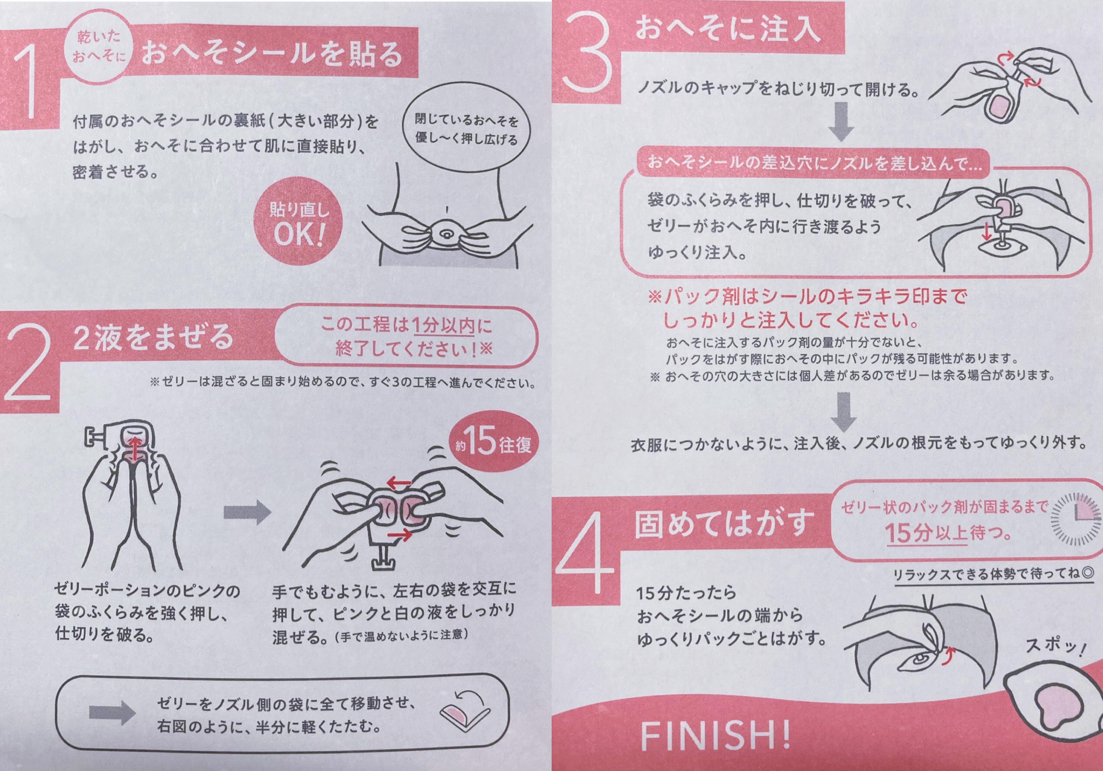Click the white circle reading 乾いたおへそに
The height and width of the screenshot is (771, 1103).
pyautogui.click(x=99, y=46)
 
